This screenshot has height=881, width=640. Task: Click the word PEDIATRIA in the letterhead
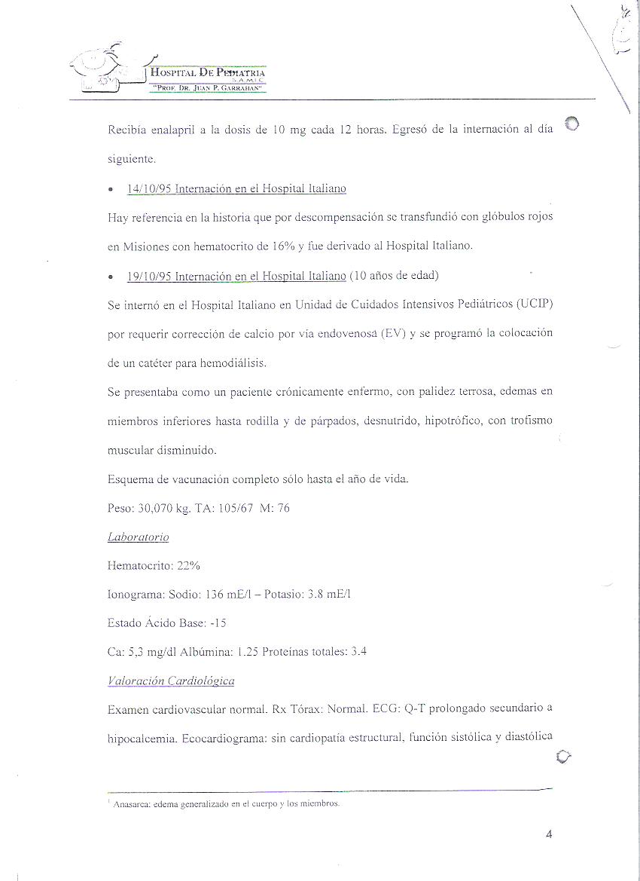point(239,72)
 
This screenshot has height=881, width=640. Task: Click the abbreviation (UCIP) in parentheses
point(535,304)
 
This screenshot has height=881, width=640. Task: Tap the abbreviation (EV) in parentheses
point(392,334)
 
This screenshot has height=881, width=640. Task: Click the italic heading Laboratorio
point(139,537)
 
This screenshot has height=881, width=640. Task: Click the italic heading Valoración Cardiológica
point(171,681)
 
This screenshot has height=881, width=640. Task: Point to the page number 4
point(549,834)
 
